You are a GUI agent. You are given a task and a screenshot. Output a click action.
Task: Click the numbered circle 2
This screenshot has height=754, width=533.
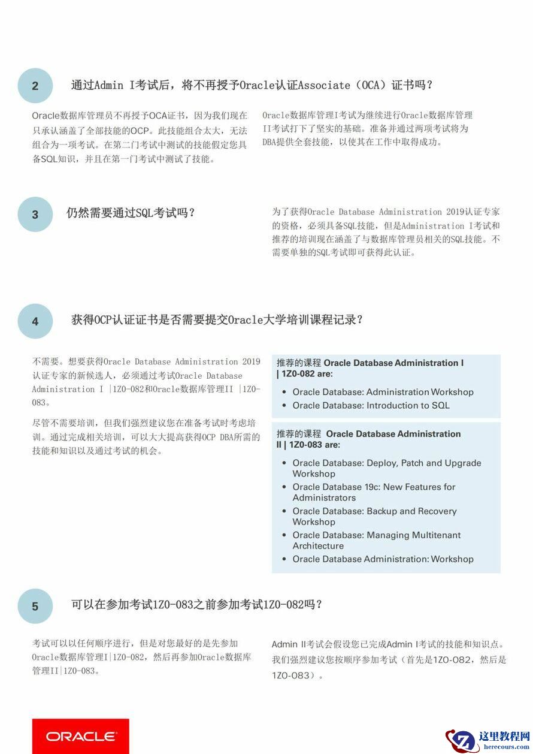pyautogui.click(x=35, y=86)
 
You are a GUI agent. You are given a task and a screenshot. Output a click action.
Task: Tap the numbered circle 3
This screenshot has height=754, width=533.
pyautogui.click(x=35, y=214)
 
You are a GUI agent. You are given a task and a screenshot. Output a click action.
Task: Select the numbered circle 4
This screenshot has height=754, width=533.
pyautogui.click(x=35, y=321)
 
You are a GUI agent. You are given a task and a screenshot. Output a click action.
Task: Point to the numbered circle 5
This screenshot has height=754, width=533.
pyautogui.click(x=35, y=606)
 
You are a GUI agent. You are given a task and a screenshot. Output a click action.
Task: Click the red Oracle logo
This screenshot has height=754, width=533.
pyautogui.click(x=80, y=736)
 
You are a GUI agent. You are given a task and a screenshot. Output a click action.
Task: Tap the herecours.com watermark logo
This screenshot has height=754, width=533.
pyautogui.click(x=488, y=741)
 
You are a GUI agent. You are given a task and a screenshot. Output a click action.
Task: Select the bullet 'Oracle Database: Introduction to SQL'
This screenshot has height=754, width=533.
pyautogui.click(x=371, y=405)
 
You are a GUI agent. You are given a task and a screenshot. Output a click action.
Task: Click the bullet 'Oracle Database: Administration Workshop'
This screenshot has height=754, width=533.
pyautogui.click(x=383, y=392)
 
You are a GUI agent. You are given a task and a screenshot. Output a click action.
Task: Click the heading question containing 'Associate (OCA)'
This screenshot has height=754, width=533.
pyautogui.click(x=252, y=85)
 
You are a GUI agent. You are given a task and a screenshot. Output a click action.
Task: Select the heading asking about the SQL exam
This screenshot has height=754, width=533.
pyautogui.click(x=131, y=213)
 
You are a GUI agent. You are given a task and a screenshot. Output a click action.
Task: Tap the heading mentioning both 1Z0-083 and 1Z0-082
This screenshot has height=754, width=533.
pyautogui.click(x=196, y=604)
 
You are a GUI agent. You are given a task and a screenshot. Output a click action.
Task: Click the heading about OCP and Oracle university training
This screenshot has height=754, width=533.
pyautogui.click(x=217, y=319)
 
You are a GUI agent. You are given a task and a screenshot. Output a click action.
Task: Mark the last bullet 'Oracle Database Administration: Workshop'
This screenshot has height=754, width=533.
pyautogui.click(x=383, y=559)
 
